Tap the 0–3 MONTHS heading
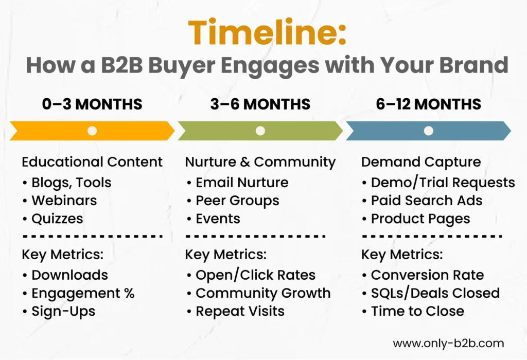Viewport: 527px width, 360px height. coord(92,104)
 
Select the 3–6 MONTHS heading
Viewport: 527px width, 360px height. coord(260,104)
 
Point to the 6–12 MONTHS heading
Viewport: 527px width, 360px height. coord(428,104)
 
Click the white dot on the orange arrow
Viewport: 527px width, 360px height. coord(92,131)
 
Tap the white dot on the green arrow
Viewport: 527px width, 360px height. coord(260,131)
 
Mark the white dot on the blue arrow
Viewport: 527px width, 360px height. coord(428,131)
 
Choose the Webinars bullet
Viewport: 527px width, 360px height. coord(64,200)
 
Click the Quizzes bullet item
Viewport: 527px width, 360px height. coord(57,218)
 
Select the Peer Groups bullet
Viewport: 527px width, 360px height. coord(237,200)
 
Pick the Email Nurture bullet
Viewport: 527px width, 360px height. coord(242,182)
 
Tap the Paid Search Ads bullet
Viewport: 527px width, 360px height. coord(427,200)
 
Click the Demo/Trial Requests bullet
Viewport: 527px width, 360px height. coord(443,182)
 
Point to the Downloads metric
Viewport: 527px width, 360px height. coord(69,275)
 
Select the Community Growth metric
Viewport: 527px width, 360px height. coord(263,293)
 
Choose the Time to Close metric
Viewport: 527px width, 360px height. coord(417,311)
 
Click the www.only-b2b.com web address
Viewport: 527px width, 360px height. coord(448,343)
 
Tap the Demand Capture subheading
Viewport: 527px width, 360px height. coord(421,162)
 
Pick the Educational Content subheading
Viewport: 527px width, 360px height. coord(92,162)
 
